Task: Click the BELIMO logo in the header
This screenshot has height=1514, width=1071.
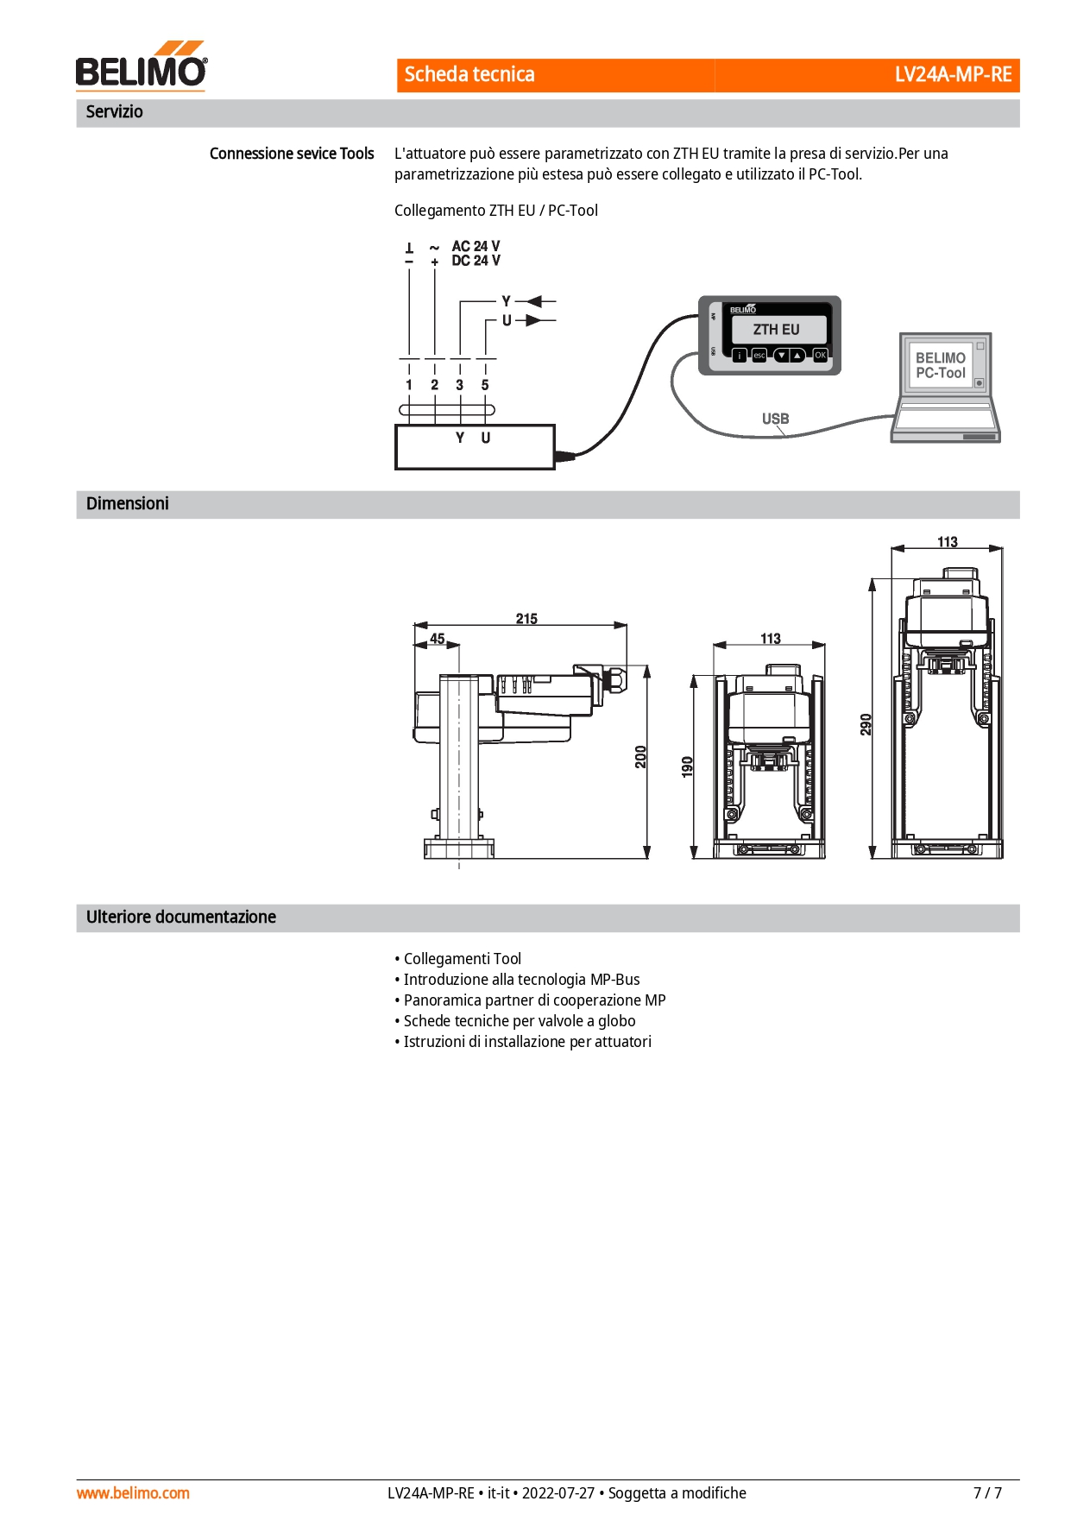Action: click(x=142, y=66)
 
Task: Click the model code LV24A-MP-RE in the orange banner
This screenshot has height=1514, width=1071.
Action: click(x=953, y=74)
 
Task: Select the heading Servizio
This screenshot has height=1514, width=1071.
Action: click(x=115, y=111)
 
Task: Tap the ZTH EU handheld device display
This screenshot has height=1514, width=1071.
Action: click(x=777, y=330)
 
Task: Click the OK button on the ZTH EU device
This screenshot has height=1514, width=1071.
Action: click(x=820, y=355)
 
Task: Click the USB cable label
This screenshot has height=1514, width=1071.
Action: click(x=775, y=419)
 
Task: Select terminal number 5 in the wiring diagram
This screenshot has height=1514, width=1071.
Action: click(x=485, y=385)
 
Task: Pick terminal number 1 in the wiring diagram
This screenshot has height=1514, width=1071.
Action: click(x=409, y=385)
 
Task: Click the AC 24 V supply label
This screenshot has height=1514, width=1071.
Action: click(x=476, y=246)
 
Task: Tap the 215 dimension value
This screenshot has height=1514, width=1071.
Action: click(x=526, y=618)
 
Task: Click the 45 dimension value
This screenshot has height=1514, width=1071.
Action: click(x=438, y=639)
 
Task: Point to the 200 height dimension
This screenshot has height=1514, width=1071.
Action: click(x=640, y=757)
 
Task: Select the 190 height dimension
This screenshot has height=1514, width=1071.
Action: click(x=687, y=766)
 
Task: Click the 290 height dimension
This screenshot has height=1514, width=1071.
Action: click(x=866, y=724)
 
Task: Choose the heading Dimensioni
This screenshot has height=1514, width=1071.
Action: click(x=128, y=503)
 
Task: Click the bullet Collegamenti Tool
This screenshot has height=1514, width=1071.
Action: click(x=458, y=959)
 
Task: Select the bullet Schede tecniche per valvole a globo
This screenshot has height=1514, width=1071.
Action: click(x=515, y=1021)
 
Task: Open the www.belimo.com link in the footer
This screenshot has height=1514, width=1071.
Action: click(x=133, y=1492)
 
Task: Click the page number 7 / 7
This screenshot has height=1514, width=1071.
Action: click(x=987, y=1492)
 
